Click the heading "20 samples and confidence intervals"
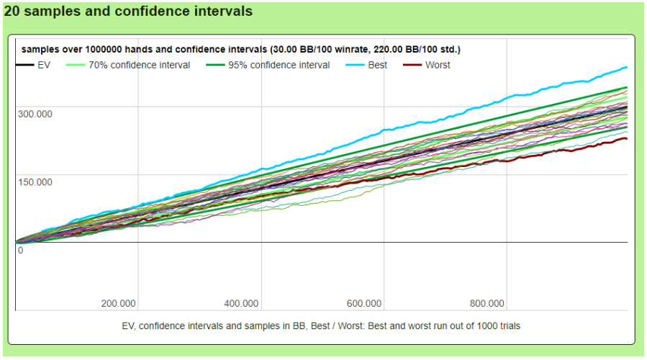(128, 12)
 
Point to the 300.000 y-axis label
(35, 114)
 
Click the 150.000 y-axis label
(35, 181)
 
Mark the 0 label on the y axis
(21, 250)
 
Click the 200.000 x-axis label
(119, 303)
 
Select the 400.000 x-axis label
(241, 303)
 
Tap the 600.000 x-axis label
(364, 303)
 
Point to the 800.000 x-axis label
(487, 303)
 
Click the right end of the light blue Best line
(627, 67)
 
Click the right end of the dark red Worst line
(627, 138)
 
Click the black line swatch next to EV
(24, 65)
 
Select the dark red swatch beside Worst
(411, 65)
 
